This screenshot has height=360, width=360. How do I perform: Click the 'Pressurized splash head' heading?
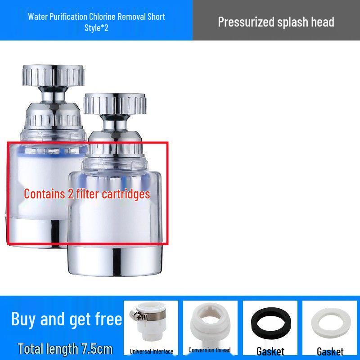276,22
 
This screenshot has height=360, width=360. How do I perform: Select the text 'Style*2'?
96,28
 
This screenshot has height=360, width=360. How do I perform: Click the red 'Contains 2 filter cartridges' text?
87,193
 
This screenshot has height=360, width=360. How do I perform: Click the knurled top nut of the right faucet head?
115,103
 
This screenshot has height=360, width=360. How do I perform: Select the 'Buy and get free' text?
67,319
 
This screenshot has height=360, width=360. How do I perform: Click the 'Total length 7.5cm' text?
65,349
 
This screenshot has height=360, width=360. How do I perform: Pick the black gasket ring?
270,323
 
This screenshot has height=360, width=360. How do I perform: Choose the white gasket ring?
330,323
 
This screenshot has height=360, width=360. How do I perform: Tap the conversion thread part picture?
209,323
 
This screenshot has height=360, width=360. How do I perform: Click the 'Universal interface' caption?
151,351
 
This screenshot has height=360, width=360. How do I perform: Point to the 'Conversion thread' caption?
209,350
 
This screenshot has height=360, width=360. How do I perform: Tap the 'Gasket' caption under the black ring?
270,351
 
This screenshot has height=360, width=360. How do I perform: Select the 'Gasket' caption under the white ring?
330,351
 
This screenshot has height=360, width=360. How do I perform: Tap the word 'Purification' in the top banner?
68,17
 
